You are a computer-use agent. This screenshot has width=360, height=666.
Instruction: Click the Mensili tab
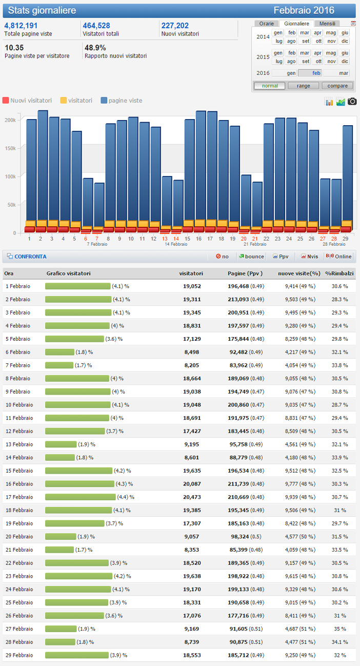[327, 24]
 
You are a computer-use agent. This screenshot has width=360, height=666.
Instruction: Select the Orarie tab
[267, 24]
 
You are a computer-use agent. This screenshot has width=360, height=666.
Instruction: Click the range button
[303, 86]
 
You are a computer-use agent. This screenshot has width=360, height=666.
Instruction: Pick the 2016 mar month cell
[343, 73]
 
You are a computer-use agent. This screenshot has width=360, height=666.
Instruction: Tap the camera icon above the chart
[352, 102]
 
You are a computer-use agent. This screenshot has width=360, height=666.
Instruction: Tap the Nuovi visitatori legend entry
[27, 101]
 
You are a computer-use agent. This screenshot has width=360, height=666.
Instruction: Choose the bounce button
[251, 257]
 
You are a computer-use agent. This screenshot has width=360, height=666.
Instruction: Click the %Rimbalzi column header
[339, 273]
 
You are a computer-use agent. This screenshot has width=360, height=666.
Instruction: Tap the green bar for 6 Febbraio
[59, 352]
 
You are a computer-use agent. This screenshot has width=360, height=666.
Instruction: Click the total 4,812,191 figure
[21, 26]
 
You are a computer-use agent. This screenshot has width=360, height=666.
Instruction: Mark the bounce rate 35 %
[340, 629]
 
